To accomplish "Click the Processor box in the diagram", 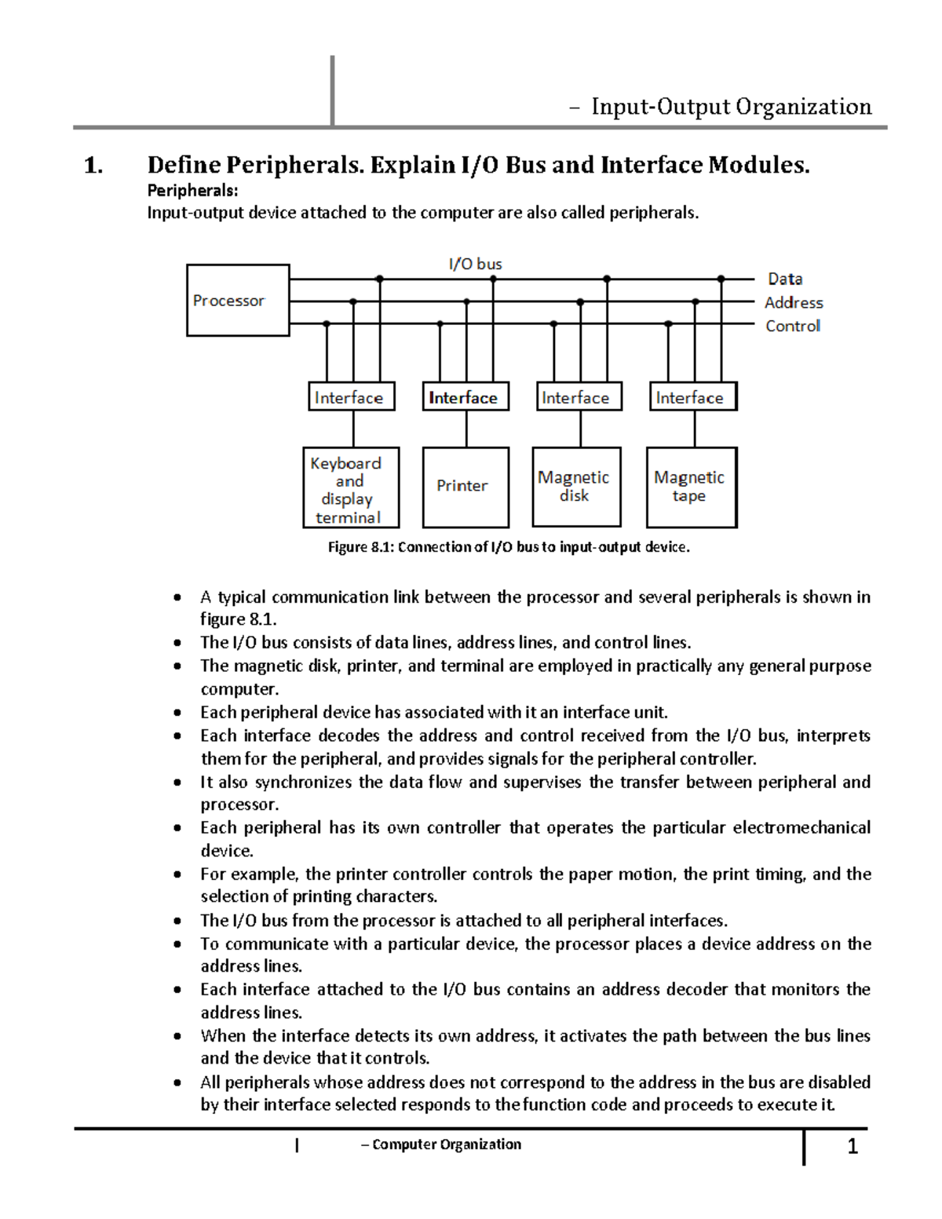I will coord(238,301).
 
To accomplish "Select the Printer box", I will coord(466,487).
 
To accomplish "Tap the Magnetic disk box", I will coord(576,487).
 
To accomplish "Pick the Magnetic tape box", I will coord(691,487).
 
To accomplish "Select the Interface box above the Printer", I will coord(466,397).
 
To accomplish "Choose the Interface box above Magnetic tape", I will coord(692,397).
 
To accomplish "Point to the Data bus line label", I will coord(785,279).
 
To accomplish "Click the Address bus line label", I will coord(794,302).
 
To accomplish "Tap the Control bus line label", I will coord(793,326).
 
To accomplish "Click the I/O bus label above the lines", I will coord(475,264).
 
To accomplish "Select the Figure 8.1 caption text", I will coord(509,547).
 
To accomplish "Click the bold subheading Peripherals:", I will coord(192,190).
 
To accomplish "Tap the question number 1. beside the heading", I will coord(93,166).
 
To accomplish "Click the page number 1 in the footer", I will coord(853,1147).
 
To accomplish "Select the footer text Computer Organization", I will coord(446,1144).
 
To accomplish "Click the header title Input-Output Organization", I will coord(731,107).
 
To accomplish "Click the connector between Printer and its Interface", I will coord(466,429).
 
